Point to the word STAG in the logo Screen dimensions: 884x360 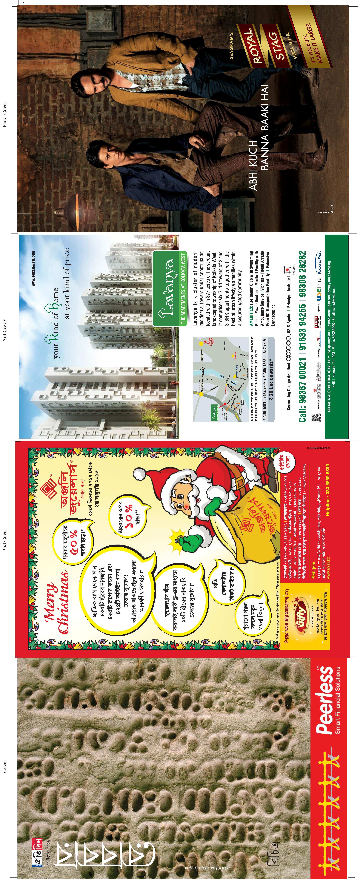277,46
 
